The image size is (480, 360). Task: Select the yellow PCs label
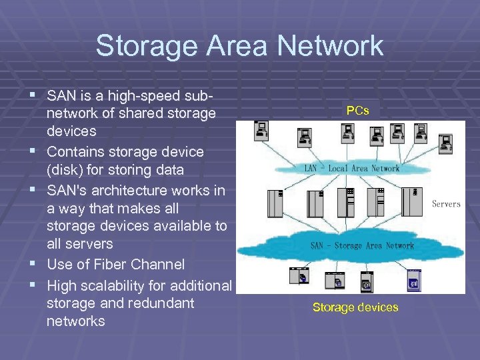[357, 111]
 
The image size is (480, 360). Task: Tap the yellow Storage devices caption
[355, 307]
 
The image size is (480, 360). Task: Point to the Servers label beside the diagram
[446, 203]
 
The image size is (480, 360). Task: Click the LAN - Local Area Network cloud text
[352, 169]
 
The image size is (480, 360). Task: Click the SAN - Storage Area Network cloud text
[361, 245]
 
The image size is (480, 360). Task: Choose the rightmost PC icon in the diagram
[445, 142]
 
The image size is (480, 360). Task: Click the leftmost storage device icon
[299, 276]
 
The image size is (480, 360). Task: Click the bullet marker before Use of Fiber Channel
[34, 265]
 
